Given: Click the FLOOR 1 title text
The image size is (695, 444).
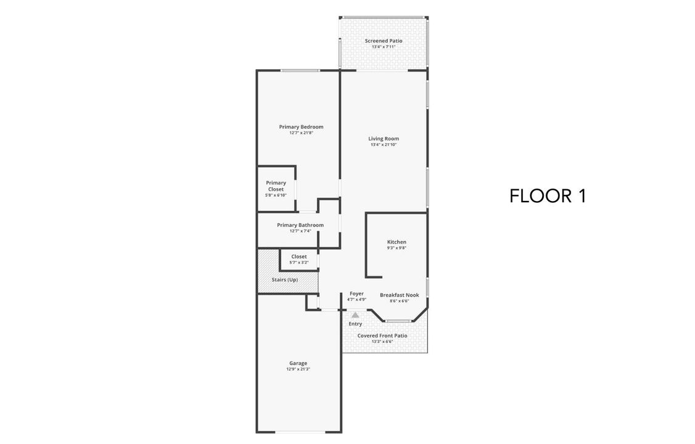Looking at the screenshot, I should tap(548, 196).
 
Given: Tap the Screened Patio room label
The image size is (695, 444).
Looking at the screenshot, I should tap(383, 41).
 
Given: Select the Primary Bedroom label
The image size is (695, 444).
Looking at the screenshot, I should tap(301, 127).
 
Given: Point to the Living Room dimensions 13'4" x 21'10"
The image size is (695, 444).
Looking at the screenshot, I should tap(383, 145).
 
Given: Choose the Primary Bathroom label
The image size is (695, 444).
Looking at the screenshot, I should tap(300, 225).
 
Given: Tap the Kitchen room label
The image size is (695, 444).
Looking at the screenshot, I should tap(397, 242).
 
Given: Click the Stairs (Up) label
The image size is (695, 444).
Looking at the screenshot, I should tap(284, 279).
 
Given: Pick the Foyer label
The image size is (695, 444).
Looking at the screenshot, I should tap(356, 294).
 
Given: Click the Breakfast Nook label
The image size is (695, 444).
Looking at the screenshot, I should tap(399, 295).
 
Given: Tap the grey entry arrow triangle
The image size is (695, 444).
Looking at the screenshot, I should tap(355, 315).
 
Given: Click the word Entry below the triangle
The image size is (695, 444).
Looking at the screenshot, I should tap(355, 324).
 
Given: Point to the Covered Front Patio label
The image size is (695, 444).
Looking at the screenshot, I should tap(382, 335).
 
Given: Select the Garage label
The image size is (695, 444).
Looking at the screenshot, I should tap(298, 363).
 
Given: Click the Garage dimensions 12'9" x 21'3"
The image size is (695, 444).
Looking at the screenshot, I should tap(298, 369).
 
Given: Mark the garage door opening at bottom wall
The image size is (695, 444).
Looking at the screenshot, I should tap(298, 432).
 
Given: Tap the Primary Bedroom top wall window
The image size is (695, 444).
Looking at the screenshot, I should tap(300, 70).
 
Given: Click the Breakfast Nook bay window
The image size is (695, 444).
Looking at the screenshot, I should tap(399, 321).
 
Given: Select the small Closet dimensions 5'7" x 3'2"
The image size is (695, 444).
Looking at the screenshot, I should tap(298, 263).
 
